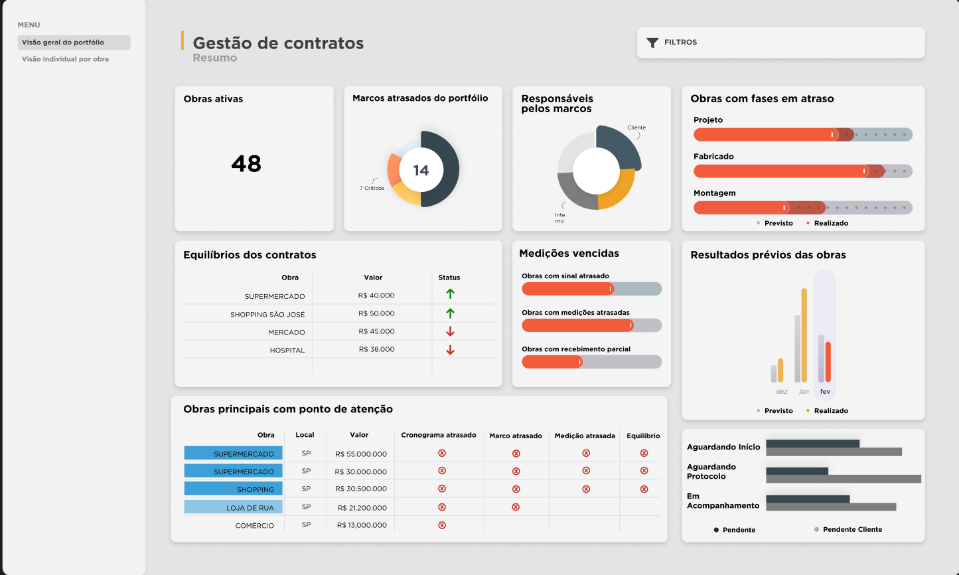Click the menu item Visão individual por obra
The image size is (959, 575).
click(x=65, y=59)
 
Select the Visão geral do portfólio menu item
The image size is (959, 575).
click(x=63, y=42)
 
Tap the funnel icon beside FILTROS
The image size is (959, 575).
click(x=652, y=42)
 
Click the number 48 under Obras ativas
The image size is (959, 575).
click(x=246, y=163)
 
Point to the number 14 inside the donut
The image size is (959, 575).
click(x=421, y=171)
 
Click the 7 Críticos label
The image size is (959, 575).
click(x=372, y=188)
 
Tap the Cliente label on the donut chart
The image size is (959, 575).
click(x=636, y=127)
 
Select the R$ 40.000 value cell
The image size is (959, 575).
click(x=376, y=295)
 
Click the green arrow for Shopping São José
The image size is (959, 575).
click(x=450, y=313)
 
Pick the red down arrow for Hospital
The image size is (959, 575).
click(x=450, y=350)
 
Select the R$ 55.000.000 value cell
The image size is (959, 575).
click(x=361, y=454)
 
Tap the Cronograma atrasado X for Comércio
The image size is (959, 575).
click(x=441, y=525)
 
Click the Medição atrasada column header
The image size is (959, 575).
click(x=585, y=436)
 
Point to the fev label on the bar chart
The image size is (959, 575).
click(x=825, y=392)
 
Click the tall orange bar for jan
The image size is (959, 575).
click(x=804, y=335)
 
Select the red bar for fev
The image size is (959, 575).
click(x=828, y=362)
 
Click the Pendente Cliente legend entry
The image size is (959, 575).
click(x=852, y=530)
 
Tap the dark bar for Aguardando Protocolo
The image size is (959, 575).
click(x=797, y=471)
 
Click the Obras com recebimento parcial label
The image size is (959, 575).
click(x=576, y=349)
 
